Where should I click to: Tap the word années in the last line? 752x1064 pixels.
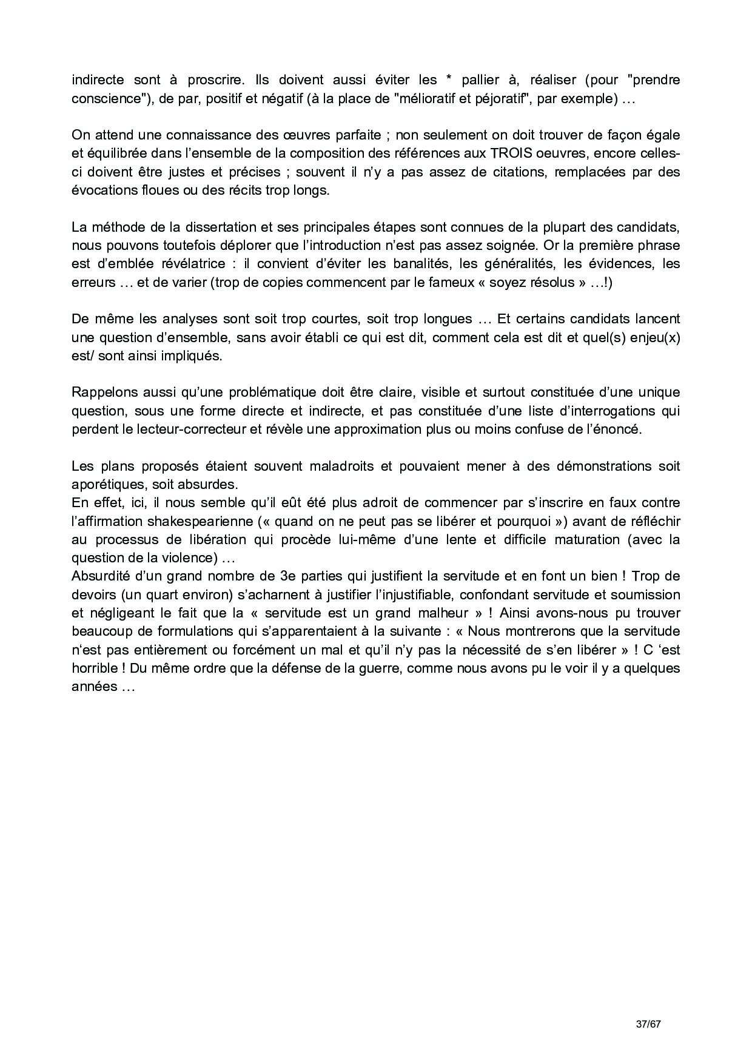click(95, 687)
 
